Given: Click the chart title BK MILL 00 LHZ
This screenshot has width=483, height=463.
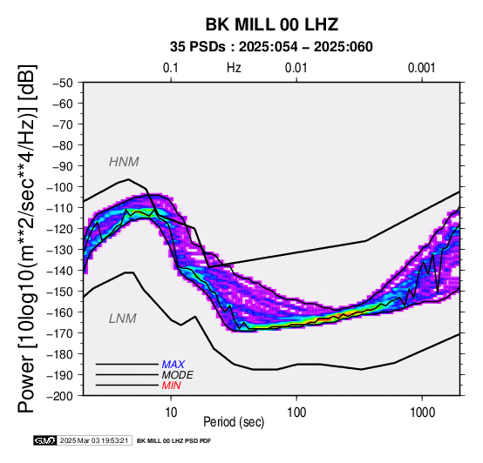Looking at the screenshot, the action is point(272,24).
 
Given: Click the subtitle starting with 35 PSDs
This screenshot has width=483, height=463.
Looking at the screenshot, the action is point(271,47).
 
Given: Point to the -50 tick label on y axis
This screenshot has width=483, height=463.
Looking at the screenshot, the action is point(63,83).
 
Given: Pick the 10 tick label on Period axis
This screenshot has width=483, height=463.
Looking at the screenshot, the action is point(171,413).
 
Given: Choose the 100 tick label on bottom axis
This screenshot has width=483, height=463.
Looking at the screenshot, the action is point(296,413).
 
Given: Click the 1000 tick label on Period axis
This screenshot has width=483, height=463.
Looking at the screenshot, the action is point(422,413).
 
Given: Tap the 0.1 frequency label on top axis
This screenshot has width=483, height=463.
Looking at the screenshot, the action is point(171,68).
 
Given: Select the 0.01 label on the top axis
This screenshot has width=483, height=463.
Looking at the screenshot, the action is point(296,68).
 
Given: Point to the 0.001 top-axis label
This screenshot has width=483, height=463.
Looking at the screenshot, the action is point(422,68).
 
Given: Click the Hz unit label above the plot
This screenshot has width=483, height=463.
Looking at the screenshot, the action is point(234,68).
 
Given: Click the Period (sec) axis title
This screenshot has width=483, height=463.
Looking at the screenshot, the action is point(234,422).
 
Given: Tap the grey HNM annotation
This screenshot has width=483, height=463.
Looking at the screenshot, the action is point(124,162).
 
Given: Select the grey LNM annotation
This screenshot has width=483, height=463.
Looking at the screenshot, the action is point(123,319).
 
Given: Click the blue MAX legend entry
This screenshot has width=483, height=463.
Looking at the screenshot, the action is point(173,365).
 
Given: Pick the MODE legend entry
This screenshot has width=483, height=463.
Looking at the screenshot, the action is point(178,375).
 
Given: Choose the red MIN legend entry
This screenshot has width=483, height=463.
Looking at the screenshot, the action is point(171,386).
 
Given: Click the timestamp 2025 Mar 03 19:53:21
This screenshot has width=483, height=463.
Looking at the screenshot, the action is point(94,440).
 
